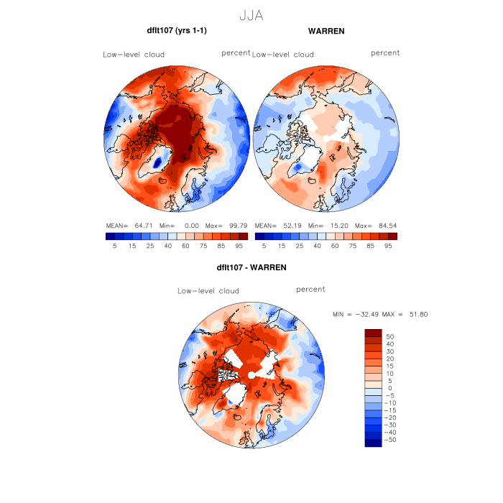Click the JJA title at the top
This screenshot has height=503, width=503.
click(x=250, y=16)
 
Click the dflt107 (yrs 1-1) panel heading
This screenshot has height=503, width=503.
click(x=177, y=32)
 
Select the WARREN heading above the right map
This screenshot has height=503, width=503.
click(x=326, y=32)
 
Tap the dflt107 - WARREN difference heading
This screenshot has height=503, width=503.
click(x=251, y=267)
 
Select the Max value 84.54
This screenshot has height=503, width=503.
click(x=384, y=225)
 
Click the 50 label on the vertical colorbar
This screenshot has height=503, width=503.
click(x=391, y=336)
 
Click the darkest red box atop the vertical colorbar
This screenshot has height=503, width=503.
click(x=373, y=333)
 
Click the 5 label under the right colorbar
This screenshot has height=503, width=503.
click(x=264, y=246)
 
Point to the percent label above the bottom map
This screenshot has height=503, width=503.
click(x=310, y=290)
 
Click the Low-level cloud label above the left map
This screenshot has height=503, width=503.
click(x=134, y=55)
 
